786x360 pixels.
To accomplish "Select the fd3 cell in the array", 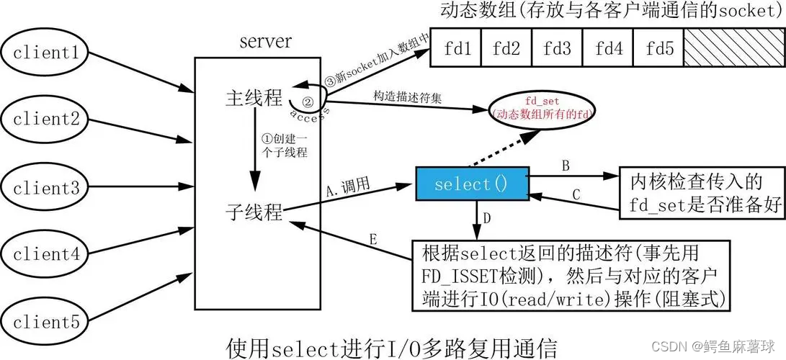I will click(557, 48).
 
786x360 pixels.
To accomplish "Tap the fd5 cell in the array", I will click(659, 48).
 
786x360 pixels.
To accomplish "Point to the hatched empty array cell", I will click(728, 48).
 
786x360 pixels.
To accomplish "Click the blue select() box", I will click(471, 184).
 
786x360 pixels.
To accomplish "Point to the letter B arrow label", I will click(566, 165).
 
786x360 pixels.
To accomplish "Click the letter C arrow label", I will click(576, 194).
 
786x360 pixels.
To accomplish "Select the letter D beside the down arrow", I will click(488, 217).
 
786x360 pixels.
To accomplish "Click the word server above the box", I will click(266, 41).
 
